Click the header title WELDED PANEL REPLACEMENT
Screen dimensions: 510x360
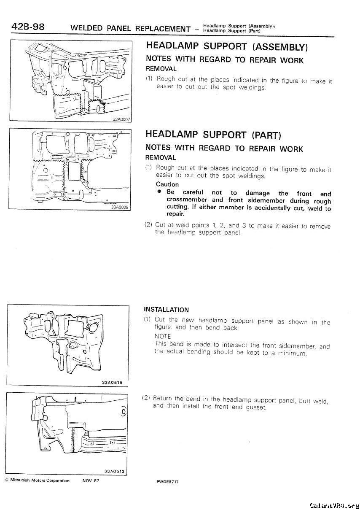pos(131,29)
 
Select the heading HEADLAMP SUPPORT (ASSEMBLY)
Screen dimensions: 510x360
pos(227,46)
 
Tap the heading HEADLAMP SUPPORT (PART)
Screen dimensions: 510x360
pos(213,135)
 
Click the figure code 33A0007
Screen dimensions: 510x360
pos(121,119)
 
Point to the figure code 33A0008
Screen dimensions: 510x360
pos(120,207)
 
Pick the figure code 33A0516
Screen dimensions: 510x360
pos(112,383)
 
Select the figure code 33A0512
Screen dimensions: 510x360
pos(113,471)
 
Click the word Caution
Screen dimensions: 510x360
pos(167,184)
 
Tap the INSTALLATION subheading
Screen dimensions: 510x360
pos(166,310)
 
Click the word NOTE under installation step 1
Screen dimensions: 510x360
pos(163,336)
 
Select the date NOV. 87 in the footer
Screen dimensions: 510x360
pos(91,480)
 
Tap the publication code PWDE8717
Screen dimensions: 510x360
pos(167,481)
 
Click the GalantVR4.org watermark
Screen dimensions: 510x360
pos(333,505)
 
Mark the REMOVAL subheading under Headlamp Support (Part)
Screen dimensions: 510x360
pos(161,157)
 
